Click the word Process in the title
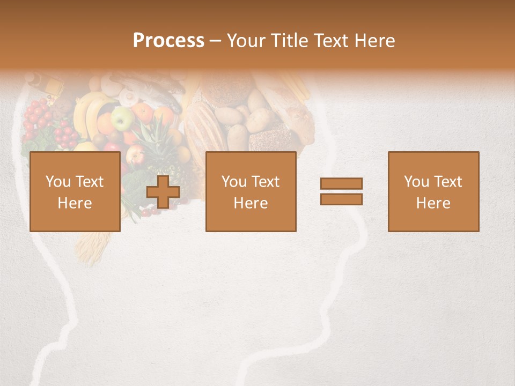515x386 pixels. click(168, 41)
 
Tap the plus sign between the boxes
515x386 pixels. click(163, 192)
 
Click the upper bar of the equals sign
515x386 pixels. click(341, 183)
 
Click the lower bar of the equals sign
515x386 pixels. click(341, 199)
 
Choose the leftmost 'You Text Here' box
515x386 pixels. click(75, 191)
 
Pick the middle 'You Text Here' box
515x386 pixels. click(251, 191)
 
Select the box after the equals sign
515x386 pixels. click(433, 191)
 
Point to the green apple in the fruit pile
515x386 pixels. click(123, 118)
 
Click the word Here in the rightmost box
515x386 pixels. click(433, 203)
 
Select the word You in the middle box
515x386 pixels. click(233, 182)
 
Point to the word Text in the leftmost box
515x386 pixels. click(89, 182)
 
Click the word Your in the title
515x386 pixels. click(246, 41)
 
